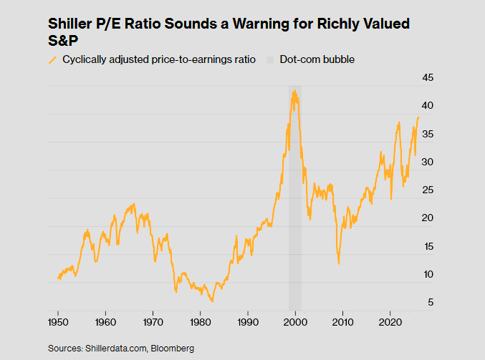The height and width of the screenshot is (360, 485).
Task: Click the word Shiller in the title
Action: tap(75, 24)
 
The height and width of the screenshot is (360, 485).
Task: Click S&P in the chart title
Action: tap(64, 42)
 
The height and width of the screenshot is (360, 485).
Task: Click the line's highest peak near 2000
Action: tap(294, 91)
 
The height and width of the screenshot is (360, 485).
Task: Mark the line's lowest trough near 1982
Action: tap(212, 301)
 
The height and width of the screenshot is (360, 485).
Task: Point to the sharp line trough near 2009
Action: tap(339, 263)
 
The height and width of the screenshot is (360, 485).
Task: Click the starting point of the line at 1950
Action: tap(58, 278)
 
